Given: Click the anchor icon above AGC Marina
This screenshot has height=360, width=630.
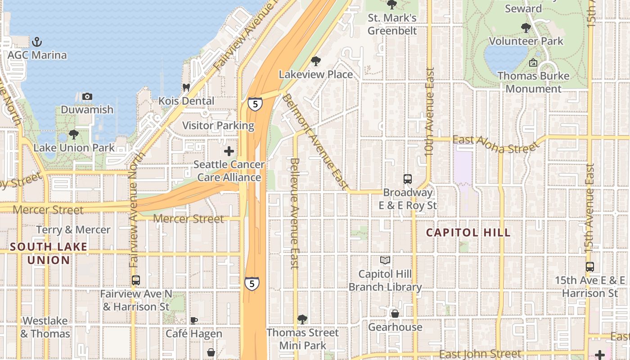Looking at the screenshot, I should point(37,42).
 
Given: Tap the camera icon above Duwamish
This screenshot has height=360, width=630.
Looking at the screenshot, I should point(87,96).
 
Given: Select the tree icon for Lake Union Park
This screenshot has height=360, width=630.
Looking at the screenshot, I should point(74,135).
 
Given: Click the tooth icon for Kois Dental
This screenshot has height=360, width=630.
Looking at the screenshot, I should point(186,88).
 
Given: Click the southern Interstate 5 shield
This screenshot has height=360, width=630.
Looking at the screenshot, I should point(252,283).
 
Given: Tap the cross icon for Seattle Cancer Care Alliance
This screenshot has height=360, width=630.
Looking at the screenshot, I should point(229,151).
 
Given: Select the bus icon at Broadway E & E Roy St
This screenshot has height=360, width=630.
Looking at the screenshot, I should point(407,179).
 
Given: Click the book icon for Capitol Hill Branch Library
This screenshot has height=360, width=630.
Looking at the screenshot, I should point(385,261).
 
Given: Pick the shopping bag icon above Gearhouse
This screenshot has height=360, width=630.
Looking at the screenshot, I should point(395,314).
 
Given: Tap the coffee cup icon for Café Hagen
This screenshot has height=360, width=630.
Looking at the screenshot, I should point(193,320).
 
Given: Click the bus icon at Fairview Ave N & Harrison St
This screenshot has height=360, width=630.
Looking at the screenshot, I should point(136,280).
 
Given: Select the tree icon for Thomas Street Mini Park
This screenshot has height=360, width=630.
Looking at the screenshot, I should point(302,319).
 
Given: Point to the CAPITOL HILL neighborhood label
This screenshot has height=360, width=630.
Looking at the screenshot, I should point(468,233).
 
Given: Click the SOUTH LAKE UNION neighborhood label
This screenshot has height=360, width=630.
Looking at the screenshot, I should point(49,253).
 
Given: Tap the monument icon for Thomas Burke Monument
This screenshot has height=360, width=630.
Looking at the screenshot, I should point(533,63).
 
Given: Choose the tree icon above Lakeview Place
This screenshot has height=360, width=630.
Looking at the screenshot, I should point(316,61).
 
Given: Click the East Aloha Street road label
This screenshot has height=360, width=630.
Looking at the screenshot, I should point(495,144).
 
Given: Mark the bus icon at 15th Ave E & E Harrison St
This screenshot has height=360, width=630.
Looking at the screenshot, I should point(590,266).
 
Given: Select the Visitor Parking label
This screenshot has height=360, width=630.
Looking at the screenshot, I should point(218,126).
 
